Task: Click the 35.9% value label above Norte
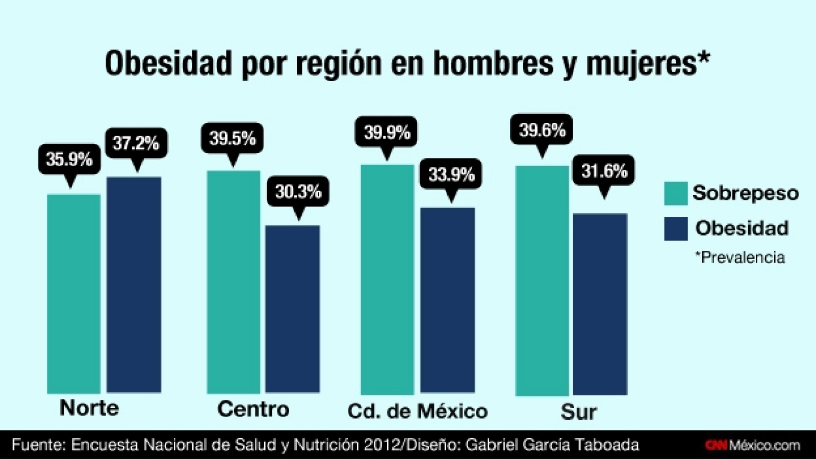(69, 159)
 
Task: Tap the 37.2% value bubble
(136, 143)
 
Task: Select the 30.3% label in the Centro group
(298, 192)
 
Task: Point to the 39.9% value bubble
(387, 133)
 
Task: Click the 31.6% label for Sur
(604, 170)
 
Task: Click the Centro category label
(253, 409)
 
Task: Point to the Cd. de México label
(417, 411)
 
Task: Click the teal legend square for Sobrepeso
(675, 193)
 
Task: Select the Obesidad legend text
(742, 228)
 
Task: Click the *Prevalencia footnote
(739, 257)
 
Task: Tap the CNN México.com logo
(753, 445)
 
